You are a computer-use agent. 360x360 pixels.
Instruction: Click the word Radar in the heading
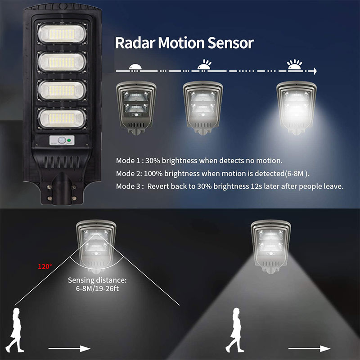135,43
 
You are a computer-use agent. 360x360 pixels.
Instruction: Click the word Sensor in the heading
230,43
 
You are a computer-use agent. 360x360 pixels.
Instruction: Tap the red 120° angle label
45,266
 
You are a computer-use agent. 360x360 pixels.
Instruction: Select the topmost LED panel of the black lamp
62,34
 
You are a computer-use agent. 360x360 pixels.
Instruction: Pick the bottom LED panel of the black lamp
62,118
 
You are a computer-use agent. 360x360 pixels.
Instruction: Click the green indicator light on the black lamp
68,140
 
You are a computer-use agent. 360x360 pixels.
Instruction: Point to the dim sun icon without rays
135,67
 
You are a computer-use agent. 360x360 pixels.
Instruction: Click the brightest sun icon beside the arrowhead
295,64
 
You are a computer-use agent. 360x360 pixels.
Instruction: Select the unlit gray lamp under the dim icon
136,108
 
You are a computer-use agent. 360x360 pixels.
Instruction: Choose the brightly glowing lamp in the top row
297,108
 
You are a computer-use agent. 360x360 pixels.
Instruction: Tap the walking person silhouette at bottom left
15,330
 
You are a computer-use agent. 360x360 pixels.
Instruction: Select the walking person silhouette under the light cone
235,330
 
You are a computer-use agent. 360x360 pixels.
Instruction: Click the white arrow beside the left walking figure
69,349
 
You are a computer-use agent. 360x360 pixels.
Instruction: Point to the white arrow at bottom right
309,349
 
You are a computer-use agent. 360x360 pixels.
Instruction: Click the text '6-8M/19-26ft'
97,288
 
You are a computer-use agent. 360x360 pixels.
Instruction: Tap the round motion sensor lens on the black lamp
62,140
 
